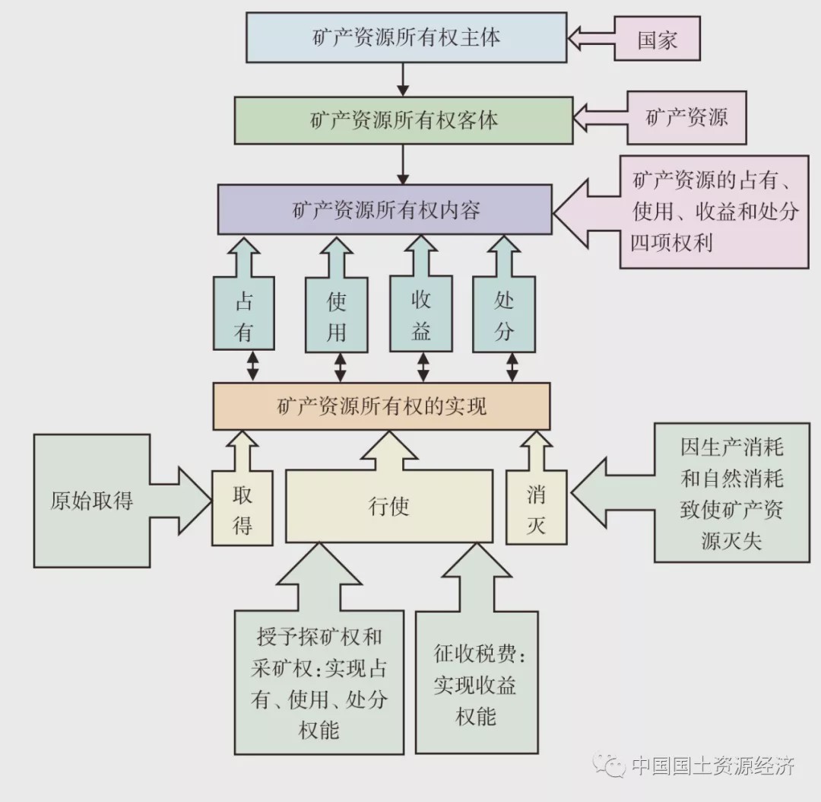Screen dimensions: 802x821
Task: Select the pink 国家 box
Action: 656,39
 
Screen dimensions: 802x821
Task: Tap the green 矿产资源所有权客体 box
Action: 404,120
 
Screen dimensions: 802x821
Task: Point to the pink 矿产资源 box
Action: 686,118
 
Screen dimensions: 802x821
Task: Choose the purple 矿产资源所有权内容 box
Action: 385,210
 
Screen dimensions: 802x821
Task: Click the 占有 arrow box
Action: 243,316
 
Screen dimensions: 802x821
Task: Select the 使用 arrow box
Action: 336,316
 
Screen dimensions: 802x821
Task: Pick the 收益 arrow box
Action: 420,316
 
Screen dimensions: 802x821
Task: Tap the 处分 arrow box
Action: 505,316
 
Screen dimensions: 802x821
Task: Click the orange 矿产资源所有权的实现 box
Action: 381,406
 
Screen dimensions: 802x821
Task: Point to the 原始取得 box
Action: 91,501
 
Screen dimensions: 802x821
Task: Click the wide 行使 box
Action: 388,506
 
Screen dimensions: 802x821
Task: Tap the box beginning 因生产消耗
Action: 731,493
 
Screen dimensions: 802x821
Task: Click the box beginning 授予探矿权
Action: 319,681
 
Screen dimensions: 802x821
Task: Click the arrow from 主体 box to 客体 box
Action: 404,79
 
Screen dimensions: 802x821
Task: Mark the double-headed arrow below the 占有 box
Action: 252,366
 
